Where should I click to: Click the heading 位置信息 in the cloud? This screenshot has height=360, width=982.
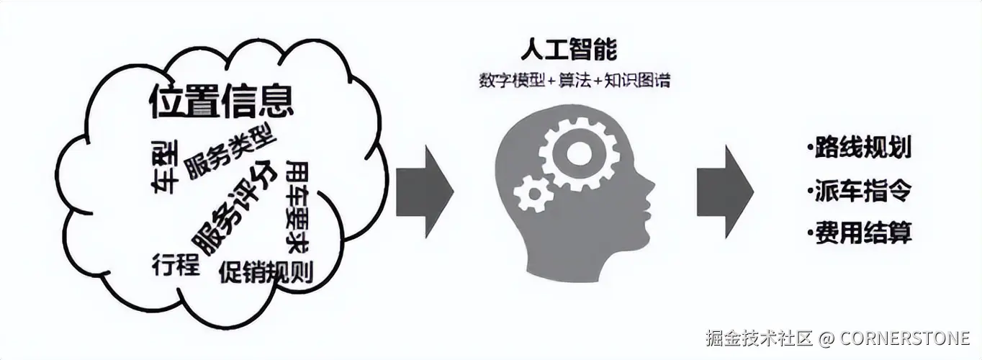(222, 102)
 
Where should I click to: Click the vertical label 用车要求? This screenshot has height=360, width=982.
(297, 206)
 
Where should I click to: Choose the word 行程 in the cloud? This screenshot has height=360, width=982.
(176, 265)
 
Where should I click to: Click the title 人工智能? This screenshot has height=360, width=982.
(569, 50)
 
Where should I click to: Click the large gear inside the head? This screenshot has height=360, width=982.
(580, 153)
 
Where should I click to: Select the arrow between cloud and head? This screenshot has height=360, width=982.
(425, 191)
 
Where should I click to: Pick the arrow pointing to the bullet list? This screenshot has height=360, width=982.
(725, 191)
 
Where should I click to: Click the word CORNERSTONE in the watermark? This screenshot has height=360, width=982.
(905, 338)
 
